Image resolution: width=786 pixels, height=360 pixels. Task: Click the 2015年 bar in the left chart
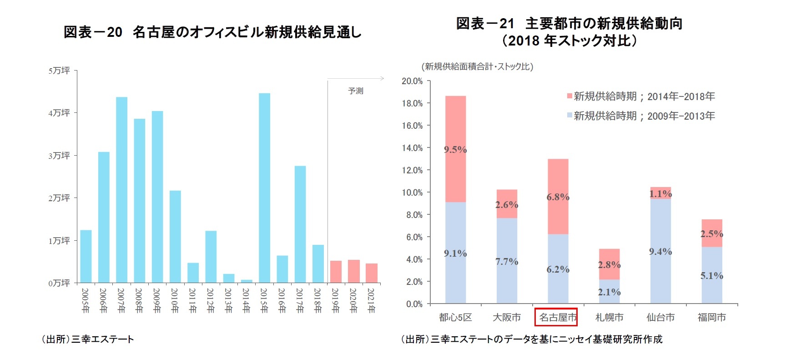pyautogui.click(x=264, y=188)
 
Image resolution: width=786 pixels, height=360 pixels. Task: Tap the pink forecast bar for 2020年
pyautogui.click(x=353, y=271)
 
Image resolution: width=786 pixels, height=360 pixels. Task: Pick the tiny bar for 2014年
pyautogui.click(x=247, y=281)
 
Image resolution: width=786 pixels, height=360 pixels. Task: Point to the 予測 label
pyautogui.click(x=356, y=91)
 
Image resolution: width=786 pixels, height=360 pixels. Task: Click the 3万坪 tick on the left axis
pyautogui.click(x=60, y=156)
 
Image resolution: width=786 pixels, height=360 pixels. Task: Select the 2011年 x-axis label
pyautogui.click(x=193, y=300)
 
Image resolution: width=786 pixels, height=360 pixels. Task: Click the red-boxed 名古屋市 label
pyautogui.click(x=556, y=317)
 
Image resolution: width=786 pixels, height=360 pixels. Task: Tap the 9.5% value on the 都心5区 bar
pyautogui.click(x=455, y=150)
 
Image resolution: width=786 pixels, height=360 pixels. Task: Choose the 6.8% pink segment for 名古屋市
pyautogui.click(x=558, y=197)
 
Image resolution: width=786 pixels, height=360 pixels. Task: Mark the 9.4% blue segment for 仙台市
pyautogui.click(x=660, y=251)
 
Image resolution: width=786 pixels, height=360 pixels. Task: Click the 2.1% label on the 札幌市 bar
pyautogui.click(x=609, y=292)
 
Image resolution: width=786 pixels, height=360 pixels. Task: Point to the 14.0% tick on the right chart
pyautogui.click(x=412, y=148)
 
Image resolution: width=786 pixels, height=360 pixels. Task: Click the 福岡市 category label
pyautogui.click(x=711, y=317)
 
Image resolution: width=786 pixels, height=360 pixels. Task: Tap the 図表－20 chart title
pyautogui.click(x=212, y=32)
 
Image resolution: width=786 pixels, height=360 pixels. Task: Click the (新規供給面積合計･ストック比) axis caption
pyautogui.click(x=477, y=66)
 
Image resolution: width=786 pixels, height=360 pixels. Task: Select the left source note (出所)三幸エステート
pyautogui.click(x=88, y=339)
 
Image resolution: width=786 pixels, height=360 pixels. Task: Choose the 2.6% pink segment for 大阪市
pyautogui.click(x=507, y=204)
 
